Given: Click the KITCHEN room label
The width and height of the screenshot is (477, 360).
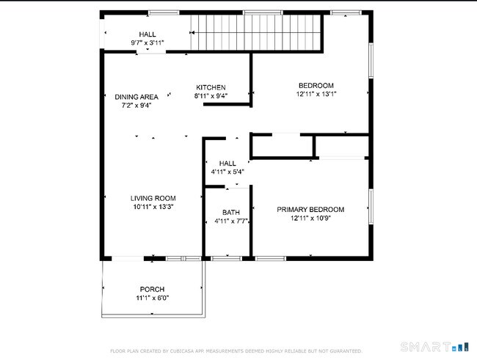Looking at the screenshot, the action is [211, 87].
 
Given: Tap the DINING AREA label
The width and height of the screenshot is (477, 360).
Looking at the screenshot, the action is [136, 97].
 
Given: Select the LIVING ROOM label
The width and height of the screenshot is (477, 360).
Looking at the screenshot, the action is [153, 198].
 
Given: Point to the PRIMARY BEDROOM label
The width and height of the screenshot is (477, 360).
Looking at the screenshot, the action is [310, 210].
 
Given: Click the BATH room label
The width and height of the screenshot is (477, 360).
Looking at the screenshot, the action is [231, 213].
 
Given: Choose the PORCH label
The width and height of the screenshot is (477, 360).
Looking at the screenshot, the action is [152, 289].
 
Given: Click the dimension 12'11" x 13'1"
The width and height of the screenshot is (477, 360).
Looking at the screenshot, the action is [316, 94].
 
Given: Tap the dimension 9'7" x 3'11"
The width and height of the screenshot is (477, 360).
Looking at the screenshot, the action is [148, 43].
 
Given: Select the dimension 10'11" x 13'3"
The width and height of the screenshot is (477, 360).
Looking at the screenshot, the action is [153, 207].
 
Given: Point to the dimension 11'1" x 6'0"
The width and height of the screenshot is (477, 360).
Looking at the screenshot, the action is [153, 298].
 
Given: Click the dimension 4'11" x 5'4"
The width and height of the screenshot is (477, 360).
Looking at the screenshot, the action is [227, 172].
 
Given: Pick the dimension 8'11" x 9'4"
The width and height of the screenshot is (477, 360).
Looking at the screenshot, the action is [211, 96].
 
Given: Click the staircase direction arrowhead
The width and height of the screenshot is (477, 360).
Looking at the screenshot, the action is [192, 32].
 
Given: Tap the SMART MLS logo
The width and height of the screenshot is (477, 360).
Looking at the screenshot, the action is [434, 347].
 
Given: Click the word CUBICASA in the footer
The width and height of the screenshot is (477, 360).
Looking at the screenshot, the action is [172, 351].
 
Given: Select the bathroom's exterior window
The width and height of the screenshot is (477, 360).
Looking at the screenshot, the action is [226, 259].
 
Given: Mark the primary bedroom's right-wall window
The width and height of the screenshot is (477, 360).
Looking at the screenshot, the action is [371, 207].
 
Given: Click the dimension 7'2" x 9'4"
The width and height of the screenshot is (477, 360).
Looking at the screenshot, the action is [136, 106].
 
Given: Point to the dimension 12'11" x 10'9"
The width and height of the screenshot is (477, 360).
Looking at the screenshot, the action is [310, 218].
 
